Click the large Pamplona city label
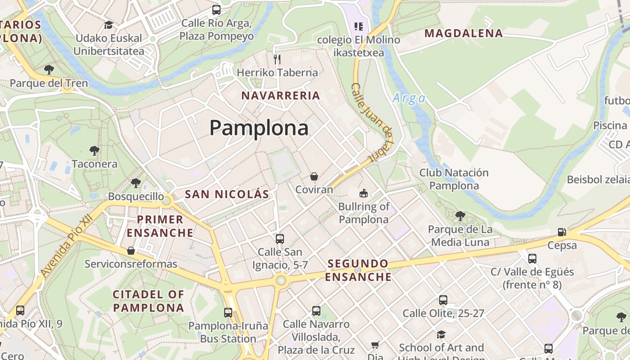[x=259, y=128]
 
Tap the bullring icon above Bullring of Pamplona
[x=363, y=193]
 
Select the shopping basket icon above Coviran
[x=314, y=176]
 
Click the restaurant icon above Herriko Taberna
[x=277, y=59]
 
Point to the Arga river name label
[x=409, y=98]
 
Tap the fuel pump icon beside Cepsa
[x=562, y=232]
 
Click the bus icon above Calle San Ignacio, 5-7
[x=280, y=238]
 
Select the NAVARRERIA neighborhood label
[x=281, y=95]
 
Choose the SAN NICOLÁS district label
[x=227, y=194]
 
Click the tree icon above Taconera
[x=94, y=150]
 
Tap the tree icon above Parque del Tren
[x=49, y=70]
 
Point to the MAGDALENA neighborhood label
[x=463, y=33]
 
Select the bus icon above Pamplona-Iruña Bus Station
[x=228, y=312]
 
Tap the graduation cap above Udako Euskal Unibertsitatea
[x=108, y=25]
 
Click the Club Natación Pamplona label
[x=454, y=179]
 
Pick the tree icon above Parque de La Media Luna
[x=460, y=216]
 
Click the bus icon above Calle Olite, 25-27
[x=443, y=300]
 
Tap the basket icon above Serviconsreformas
[x=131, y=250]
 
